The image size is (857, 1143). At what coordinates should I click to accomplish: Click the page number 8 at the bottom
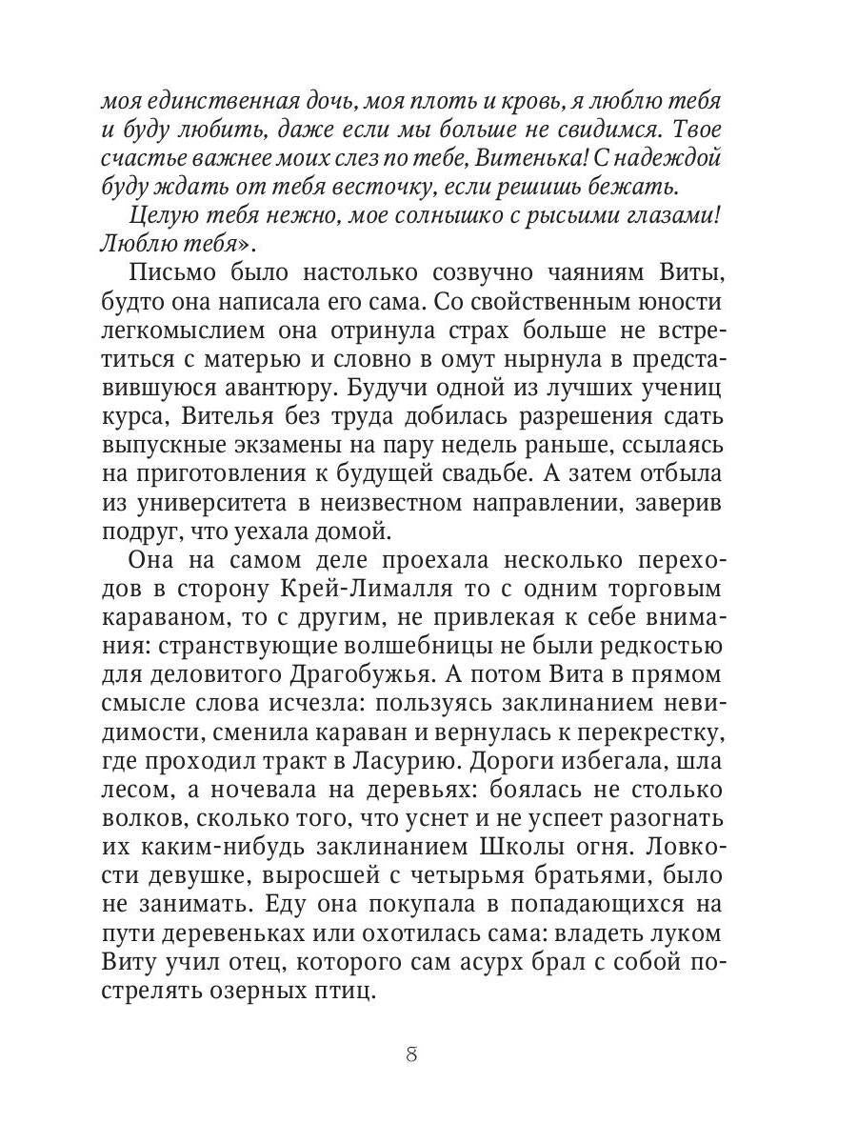pos(411,1054)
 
